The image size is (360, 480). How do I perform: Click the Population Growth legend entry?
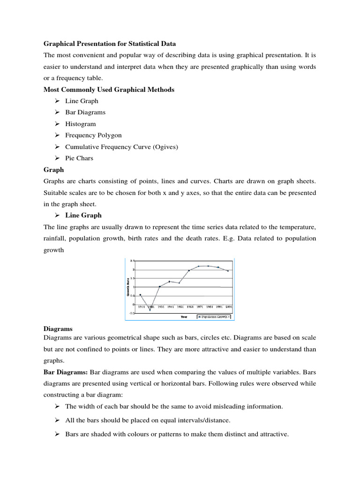214,317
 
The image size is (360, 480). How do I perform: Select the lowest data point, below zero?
150,310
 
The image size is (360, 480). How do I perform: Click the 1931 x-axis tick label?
160,307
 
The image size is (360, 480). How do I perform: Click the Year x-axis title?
184,317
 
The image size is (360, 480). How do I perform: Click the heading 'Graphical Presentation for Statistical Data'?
110,44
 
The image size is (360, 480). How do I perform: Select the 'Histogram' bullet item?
80,124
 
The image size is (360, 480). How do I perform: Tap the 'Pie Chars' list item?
79,158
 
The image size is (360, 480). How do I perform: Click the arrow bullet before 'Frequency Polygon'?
57,135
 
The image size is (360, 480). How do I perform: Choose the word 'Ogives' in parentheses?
164,147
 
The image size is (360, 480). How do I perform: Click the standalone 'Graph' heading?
53,170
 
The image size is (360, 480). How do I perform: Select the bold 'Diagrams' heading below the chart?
58,329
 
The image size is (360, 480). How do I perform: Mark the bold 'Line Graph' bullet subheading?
83,215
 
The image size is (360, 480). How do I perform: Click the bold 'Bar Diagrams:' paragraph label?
66,372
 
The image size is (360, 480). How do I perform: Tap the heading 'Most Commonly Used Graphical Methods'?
109,90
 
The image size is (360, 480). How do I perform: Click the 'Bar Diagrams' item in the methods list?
85,112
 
